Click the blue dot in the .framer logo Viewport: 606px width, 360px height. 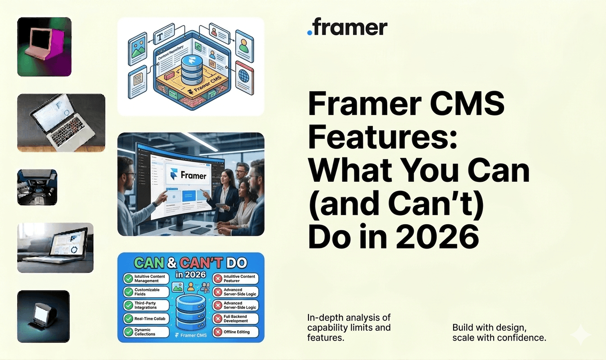tap(309, 32)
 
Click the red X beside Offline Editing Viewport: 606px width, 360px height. tap(218, 332)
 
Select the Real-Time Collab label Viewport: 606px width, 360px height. tap(150, 318)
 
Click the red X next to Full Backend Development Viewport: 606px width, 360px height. tap(218, 318)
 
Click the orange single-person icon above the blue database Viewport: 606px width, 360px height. tap(191, 286)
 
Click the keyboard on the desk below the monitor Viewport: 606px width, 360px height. tap(200, 231)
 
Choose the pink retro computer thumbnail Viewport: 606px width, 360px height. tap(44, 46)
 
